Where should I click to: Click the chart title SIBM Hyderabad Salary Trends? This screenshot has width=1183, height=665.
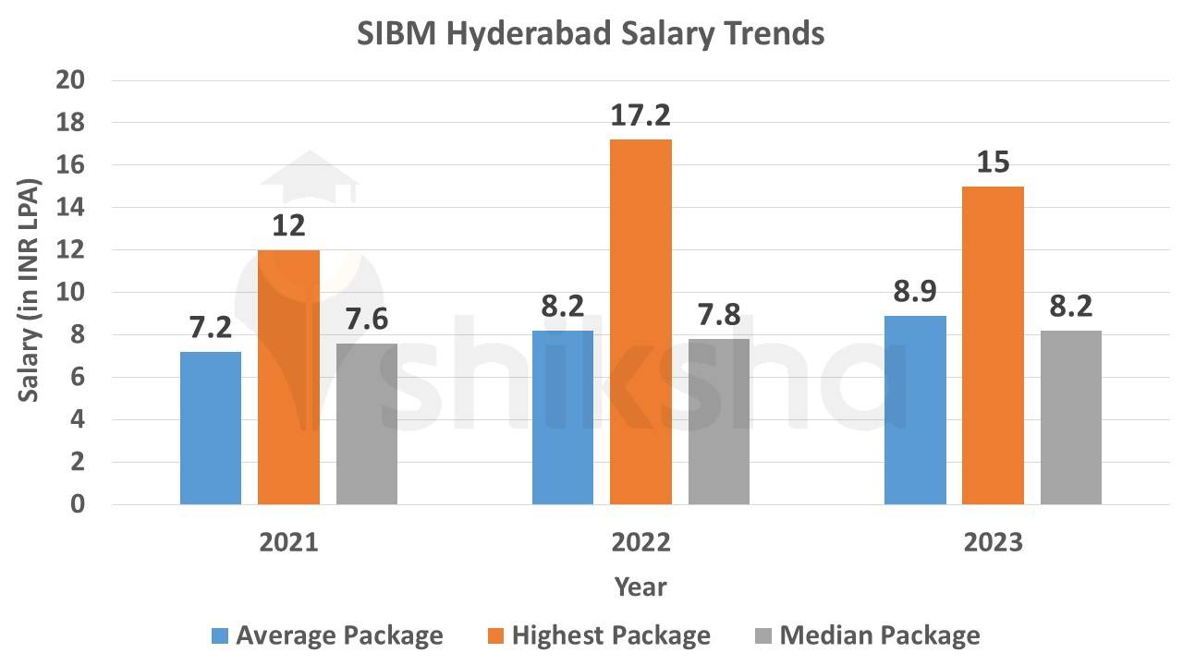591,34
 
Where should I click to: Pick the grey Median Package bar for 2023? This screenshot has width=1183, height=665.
1071,417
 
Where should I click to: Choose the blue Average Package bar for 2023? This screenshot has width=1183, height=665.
915,410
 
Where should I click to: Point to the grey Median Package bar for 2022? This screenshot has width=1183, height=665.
718,421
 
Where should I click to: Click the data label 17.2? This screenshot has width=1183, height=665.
640,115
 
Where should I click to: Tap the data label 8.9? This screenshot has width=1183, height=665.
915,292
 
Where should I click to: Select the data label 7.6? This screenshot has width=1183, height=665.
367,320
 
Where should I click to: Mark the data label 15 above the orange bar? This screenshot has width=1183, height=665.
993,163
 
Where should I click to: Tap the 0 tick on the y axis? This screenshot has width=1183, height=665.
78,505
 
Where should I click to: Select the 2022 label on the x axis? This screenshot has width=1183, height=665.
640,542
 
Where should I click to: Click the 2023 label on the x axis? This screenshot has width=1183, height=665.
993,542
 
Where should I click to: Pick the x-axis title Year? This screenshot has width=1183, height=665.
640,586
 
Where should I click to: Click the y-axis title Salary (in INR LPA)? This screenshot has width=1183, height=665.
30,293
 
